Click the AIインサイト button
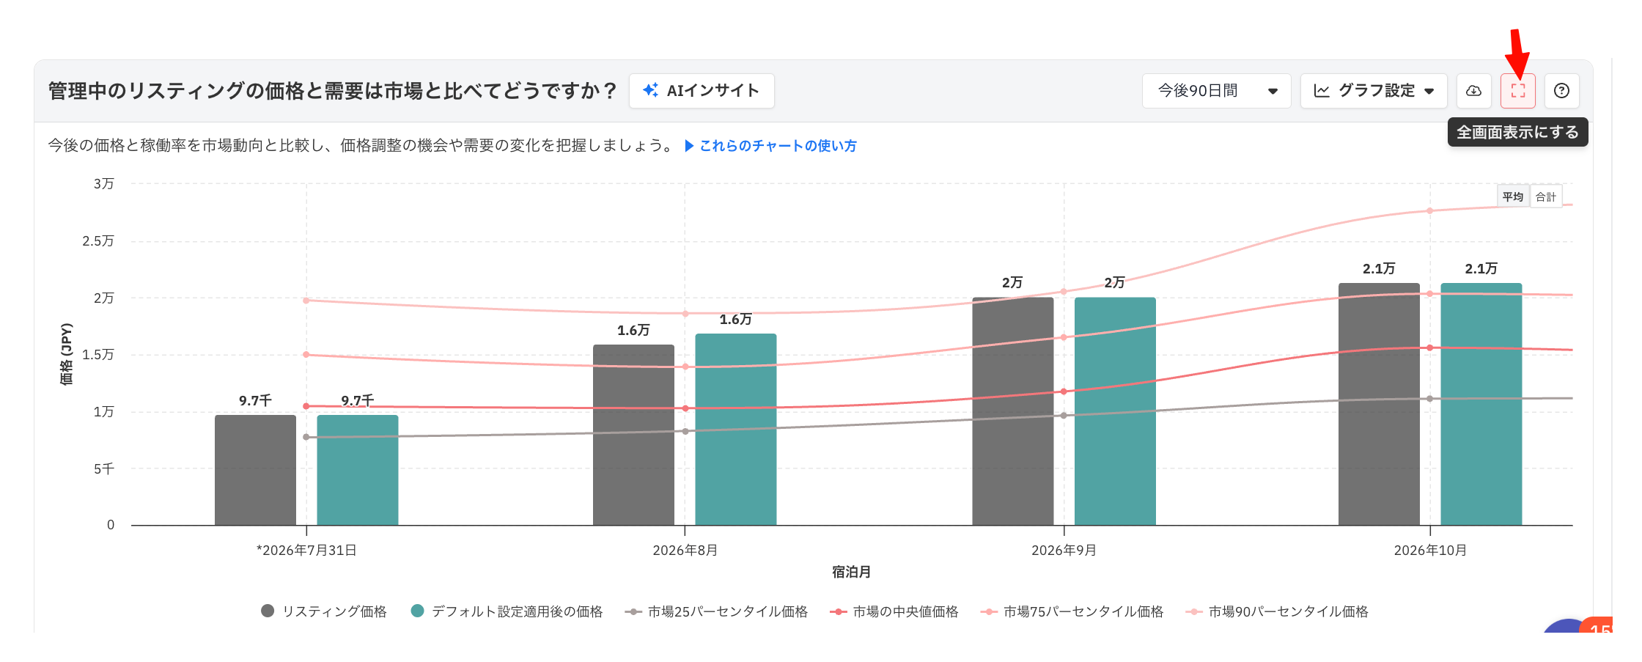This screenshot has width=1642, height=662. point(702,91)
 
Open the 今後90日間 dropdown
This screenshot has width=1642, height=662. point(1216,91)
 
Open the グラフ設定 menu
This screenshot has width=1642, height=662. point(1374,91)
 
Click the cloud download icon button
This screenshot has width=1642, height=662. point(1473,91)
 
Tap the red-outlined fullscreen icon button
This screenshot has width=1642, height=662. point(1518,91)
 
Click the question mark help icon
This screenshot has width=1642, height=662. point(1562,91)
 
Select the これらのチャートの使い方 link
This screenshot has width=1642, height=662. point(770,146)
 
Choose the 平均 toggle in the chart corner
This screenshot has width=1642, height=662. point(1513,196)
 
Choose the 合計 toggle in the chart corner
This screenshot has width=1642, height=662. point(1546,196)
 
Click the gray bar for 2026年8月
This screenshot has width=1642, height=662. point(633,435)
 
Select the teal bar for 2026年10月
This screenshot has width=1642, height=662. point(1481,404)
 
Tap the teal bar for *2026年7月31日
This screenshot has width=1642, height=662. point(358,470)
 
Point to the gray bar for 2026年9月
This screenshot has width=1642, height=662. point(1013,411)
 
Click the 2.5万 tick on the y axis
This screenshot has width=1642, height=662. point(98,241)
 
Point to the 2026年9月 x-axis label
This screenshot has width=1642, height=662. point(1064,551)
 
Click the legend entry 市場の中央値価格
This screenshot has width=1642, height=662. point(894,611)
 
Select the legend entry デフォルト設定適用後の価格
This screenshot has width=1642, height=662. point(507,611)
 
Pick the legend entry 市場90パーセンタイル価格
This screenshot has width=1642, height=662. point(1278,611)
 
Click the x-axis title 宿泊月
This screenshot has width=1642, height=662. point(851,572)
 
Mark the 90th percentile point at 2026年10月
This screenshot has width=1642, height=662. point(1430,211)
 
